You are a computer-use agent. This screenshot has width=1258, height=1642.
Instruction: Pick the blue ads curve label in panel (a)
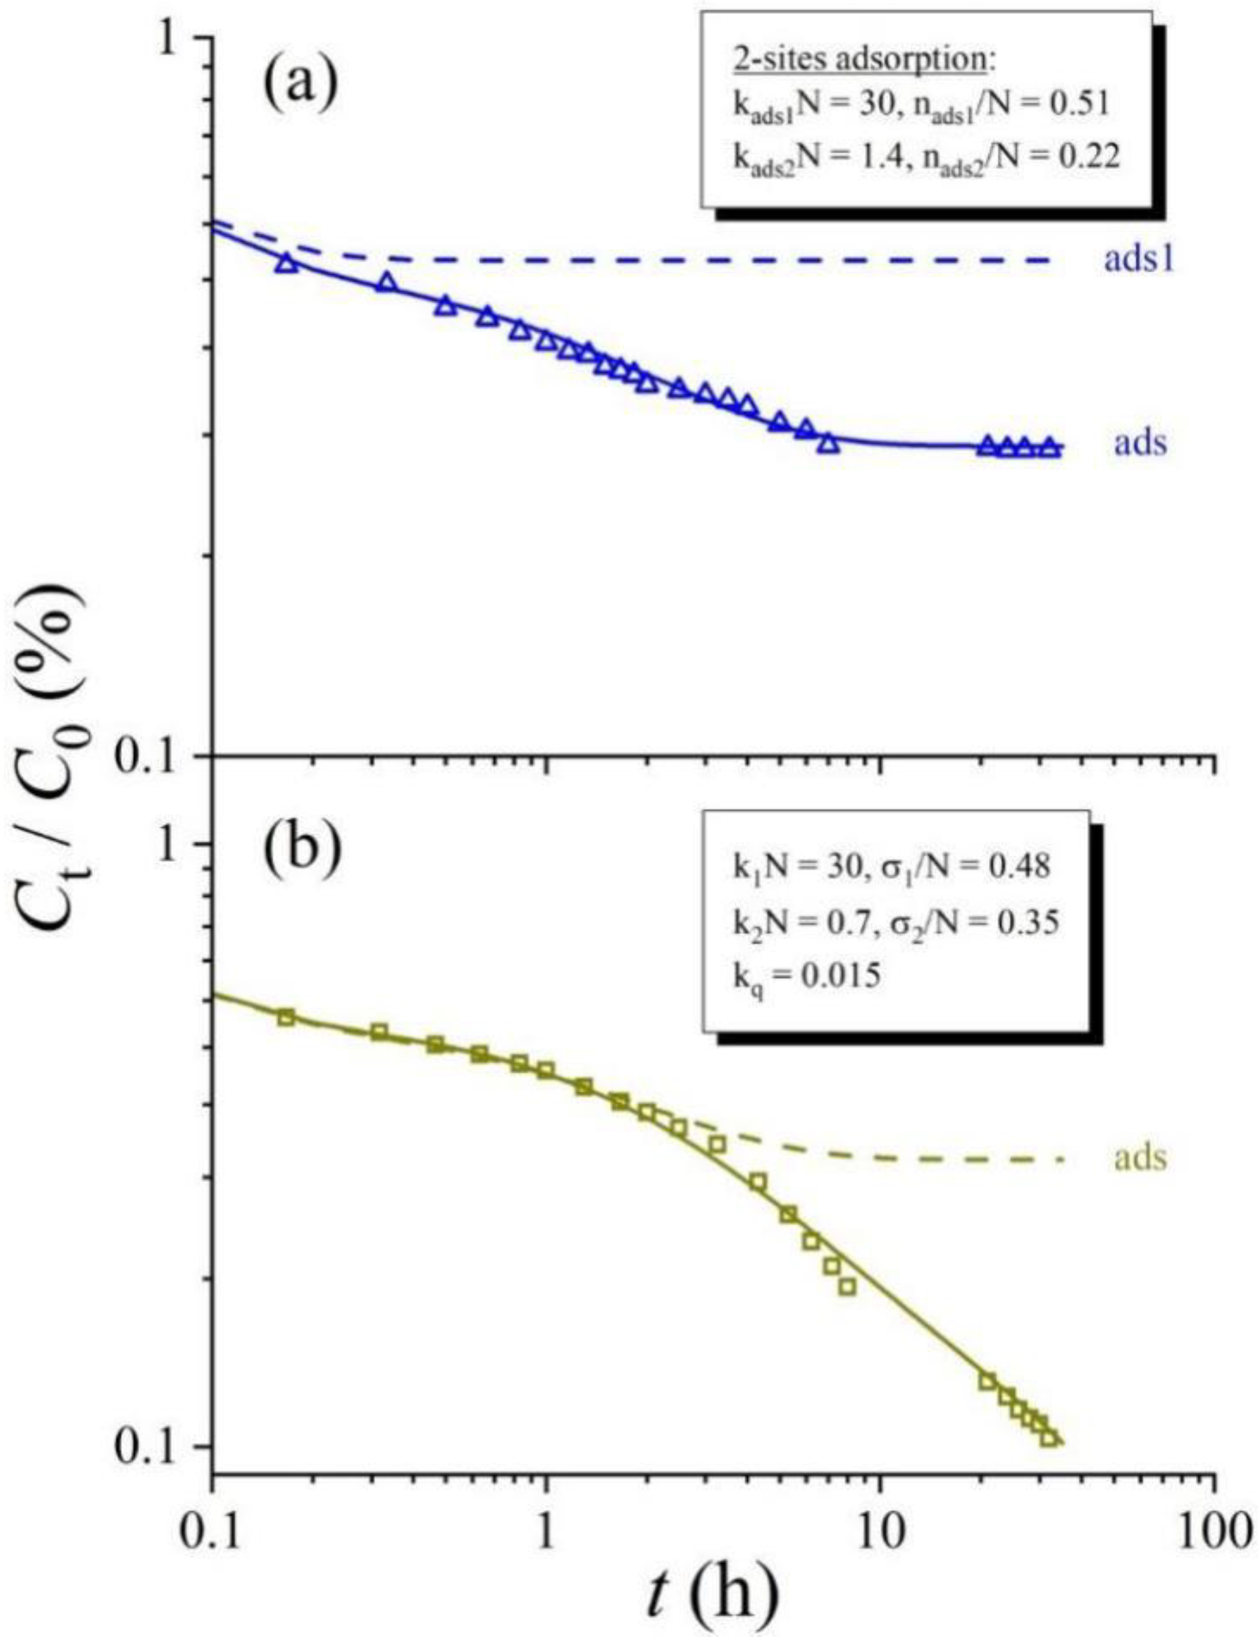coord(1141,443)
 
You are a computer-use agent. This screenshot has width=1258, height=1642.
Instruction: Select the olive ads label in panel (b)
coord(1141,1158)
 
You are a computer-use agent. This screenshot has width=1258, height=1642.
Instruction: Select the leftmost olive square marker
coord(285,1017)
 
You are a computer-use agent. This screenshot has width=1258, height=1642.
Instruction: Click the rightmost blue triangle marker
coord(1050,447)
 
